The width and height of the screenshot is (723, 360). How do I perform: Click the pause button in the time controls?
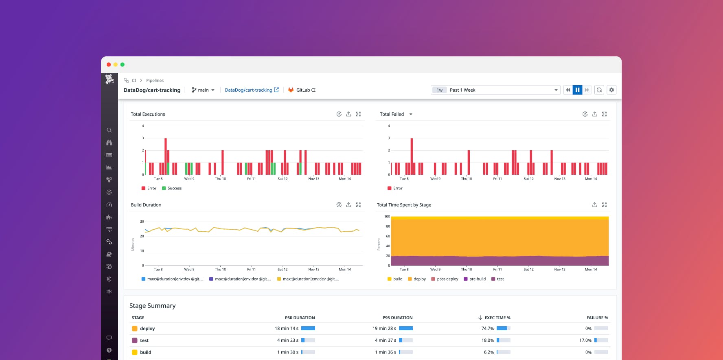[x=577, y=90]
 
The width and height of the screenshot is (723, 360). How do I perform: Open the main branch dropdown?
[x=203, y=90]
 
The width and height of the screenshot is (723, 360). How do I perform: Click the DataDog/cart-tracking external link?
[x=252, y=90]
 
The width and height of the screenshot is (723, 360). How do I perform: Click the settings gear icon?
[x=611, y=90]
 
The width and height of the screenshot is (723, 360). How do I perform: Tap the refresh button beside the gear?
[x=599, y=90]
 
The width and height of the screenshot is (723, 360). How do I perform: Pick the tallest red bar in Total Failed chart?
[x=412, y=156]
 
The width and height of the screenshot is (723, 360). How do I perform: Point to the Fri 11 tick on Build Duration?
[x=252, y=269]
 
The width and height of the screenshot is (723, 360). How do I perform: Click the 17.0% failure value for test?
[x=585, y=340]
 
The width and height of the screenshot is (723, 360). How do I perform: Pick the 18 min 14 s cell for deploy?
[x=287, y=328]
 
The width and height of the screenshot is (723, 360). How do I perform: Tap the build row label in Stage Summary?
[x=145, y=352]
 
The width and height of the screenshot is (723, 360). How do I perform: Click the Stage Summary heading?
[x=153, y=306]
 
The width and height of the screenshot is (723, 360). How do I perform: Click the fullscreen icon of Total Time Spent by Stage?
[x=604, y=205]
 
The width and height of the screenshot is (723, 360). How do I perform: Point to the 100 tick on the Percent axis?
[x=387, y=217]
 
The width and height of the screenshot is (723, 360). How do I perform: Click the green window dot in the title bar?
[x=123, y=64]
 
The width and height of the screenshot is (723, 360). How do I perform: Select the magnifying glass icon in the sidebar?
[x=109, y=130]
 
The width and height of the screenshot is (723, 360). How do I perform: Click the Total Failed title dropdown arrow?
[x=411, y=114]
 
